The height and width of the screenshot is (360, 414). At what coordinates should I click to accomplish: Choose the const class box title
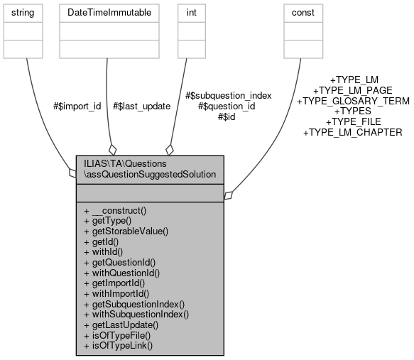coord(303,13)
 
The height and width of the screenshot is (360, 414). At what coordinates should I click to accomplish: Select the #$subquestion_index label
coord(228,95)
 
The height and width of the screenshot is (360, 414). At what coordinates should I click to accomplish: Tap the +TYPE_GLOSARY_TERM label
coord(353,101)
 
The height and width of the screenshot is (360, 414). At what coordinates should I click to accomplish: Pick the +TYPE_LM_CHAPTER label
coord(353,132)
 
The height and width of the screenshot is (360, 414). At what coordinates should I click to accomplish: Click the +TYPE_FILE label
coord(353,121)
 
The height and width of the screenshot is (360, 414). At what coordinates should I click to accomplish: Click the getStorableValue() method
coord(126,231)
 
